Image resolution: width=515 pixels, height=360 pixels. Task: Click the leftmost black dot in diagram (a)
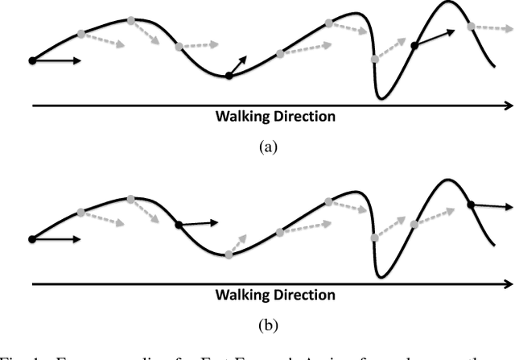click(31, 60)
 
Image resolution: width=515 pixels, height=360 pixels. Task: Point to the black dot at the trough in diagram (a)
click(229, 76)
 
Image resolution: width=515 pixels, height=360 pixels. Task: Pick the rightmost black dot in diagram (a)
click(415, 46)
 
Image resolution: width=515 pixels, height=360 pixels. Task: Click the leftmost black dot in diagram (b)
click(31, 238)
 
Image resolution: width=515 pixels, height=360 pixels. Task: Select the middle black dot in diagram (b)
click(179, 225)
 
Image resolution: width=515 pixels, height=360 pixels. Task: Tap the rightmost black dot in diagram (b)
click(471, 205)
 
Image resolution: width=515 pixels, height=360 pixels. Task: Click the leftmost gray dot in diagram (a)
click(80, 34)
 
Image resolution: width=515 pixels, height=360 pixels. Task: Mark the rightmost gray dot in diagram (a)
click(472, 26)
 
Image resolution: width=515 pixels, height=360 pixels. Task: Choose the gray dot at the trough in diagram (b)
click(229, 254)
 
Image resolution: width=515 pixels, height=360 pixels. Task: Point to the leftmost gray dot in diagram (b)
click(80, 213)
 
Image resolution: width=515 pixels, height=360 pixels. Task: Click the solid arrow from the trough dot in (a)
click(238, 66)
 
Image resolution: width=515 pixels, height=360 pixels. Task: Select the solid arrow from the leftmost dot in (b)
click(56, 238)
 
